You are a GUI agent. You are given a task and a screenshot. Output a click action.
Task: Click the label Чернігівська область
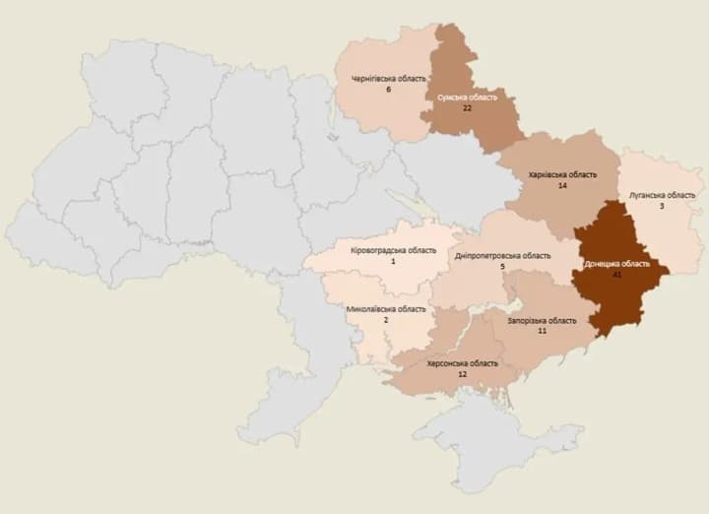point(389,79)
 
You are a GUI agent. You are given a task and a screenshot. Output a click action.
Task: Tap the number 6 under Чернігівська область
point(389,90)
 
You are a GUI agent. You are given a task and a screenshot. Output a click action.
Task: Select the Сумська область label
point(467,97)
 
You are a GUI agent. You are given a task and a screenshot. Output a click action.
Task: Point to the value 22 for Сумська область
point(467,108)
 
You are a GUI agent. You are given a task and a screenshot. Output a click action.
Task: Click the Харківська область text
point(562,174)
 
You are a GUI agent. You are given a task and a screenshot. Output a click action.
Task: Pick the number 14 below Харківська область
point(562,185)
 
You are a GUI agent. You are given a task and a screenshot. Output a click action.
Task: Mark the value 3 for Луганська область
point(662,206)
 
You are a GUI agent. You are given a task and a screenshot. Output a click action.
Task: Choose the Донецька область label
point(616,265)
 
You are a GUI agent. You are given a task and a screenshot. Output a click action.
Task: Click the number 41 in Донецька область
point(616,276)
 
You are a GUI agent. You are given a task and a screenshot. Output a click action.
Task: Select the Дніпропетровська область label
point(502,256)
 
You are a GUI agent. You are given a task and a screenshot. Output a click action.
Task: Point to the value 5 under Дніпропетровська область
point(502,267)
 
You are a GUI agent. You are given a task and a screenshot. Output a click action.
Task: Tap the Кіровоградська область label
point(393,249)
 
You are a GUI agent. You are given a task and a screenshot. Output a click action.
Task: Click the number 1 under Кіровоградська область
point(393,260)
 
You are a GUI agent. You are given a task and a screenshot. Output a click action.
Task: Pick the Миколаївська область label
point(386,308)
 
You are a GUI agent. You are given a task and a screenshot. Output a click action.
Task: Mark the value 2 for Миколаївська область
point(386,319)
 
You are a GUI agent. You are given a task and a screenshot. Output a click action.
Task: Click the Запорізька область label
point(542,321)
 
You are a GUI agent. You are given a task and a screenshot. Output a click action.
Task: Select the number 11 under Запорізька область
point(542,332)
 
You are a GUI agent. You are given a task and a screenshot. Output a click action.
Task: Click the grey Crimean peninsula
point(473,443)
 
